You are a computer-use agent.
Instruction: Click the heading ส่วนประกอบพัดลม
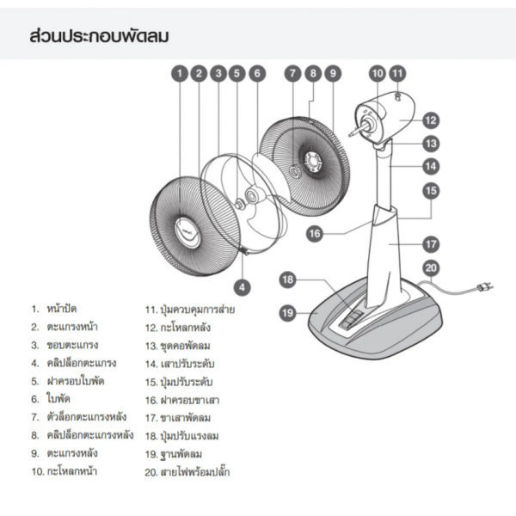click(x=98, y=37)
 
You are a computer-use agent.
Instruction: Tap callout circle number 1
click(x=180, y=74)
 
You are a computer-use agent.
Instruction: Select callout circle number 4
click(x=243, y=286)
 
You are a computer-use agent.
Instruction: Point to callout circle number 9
click(x=333, y=74)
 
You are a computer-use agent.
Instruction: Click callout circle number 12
click(x=430, y=120)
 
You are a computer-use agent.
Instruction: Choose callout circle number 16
click(x=315, y=232)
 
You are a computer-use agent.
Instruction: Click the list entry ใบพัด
click(x=59, y=400)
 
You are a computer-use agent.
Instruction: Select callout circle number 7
click(x=293, y=74)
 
